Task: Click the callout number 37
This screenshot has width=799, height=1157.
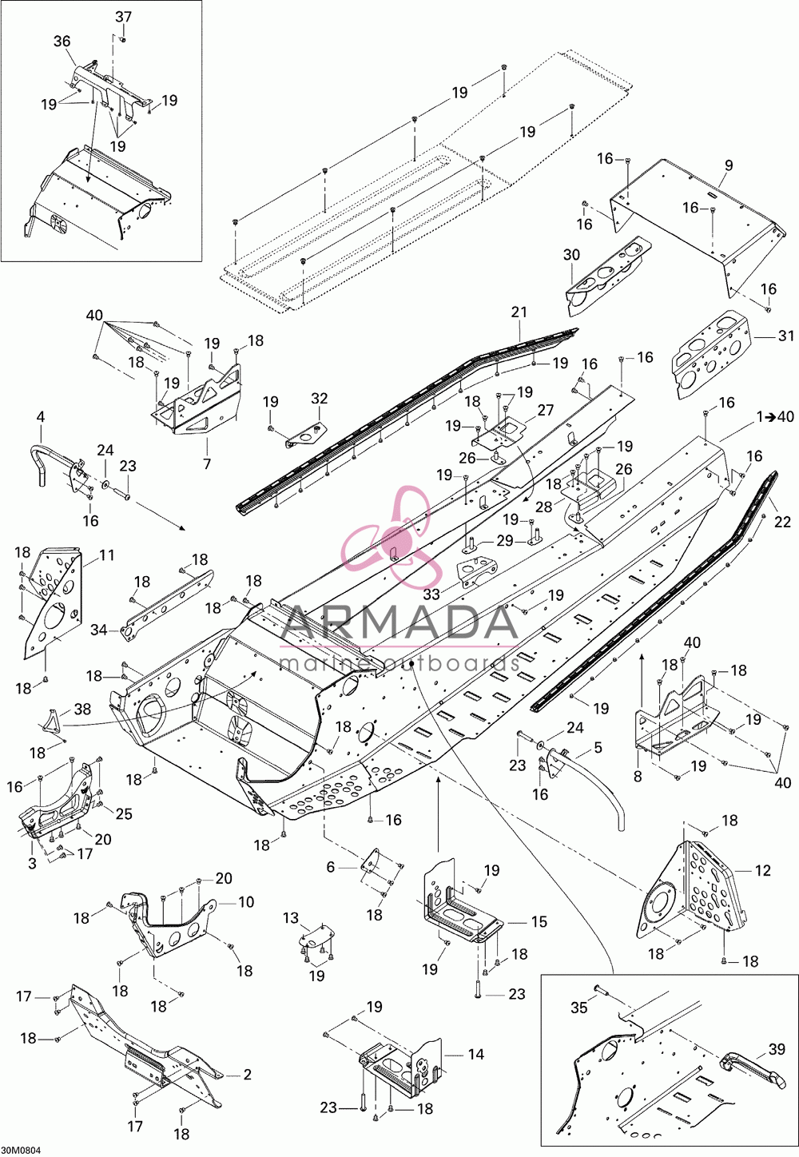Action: pos(123,17)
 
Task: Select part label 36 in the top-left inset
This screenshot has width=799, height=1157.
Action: pos(62,42)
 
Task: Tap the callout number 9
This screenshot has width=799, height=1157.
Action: pos(729,166)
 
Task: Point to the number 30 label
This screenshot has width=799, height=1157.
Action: pos(572,255)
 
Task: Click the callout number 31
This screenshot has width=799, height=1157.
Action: pos(785,336)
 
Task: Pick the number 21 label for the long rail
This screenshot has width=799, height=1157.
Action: pos(519,312)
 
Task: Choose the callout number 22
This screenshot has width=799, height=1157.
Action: pos(782,522)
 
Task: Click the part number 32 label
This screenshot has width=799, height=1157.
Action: pos(320,398)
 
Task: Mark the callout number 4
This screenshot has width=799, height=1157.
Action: pos(41,431)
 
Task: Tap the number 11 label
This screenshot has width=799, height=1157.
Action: pos(106,555)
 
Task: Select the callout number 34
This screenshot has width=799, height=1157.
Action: pos(99,630)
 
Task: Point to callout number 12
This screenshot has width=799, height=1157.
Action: pos(762,870)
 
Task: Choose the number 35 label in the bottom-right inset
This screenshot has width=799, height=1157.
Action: pos(579,1008)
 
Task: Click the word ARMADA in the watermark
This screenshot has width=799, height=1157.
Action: pos(399,622)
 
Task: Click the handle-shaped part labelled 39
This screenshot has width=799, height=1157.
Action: pos(753,1068)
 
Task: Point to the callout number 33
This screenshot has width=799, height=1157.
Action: pos(431,594)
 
